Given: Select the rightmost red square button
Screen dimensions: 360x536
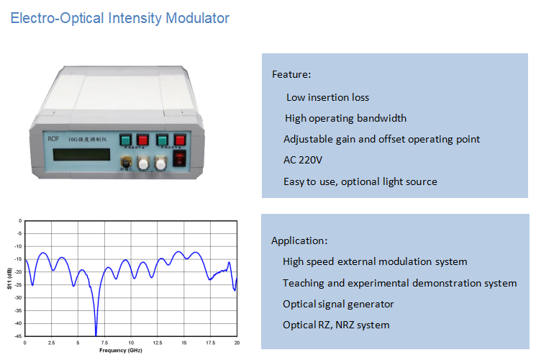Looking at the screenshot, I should click(180, 138).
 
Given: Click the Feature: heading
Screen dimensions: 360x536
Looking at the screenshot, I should click(291, 74).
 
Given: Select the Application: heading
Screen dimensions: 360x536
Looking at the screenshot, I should click(299, 240).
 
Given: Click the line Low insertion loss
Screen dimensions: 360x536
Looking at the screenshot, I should click(327, 97).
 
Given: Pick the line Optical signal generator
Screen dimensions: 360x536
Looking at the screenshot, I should click(338, 304).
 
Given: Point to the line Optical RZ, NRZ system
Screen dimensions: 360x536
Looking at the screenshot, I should click(336, 325).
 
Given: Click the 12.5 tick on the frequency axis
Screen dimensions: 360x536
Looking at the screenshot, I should click(158, 343).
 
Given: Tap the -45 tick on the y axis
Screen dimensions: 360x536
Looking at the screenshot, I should click(17, 336).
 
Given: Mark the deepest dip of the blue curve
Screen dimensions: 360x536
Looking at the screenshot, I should click(96, 334).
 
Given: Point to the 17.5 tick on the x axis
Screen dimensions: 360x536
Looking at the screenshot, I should click(210, 343).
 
